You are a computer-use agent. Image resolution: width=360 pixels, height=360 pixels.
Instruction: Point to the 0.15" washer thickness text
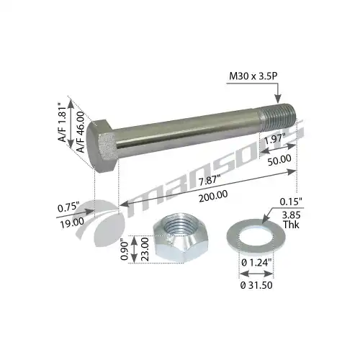point(292,202)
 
